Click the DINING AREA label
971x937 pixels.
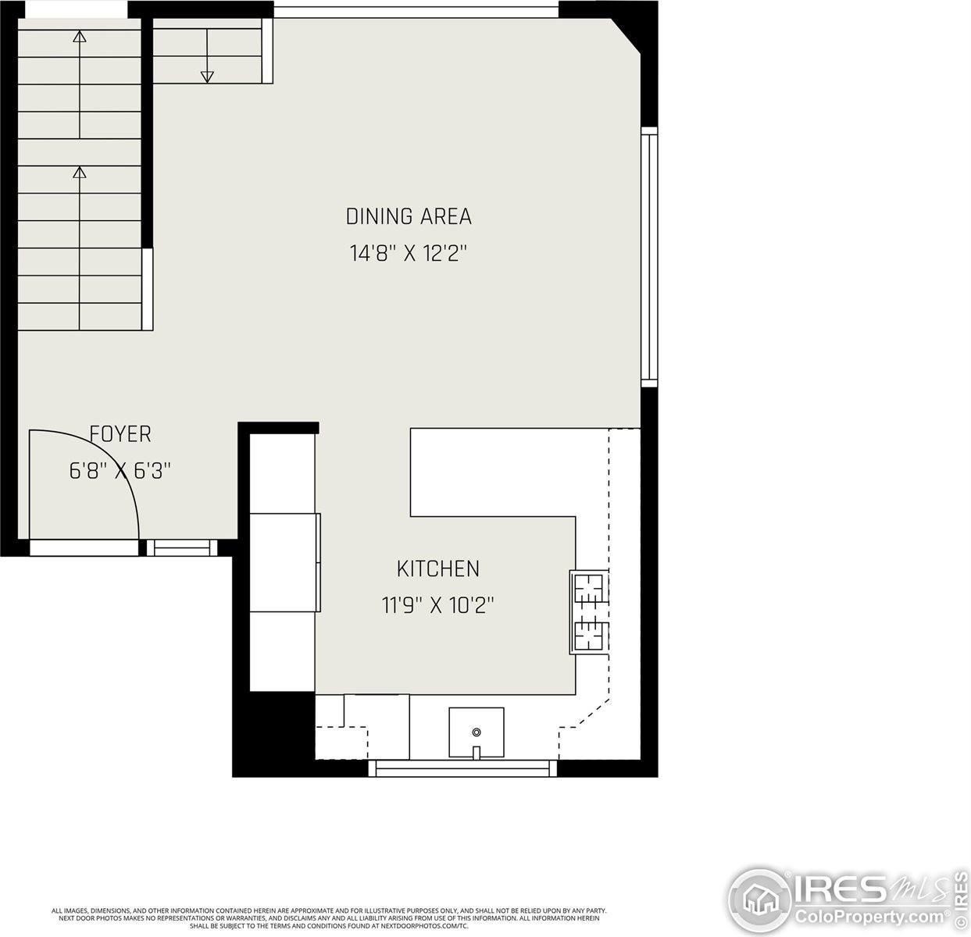point(409,216)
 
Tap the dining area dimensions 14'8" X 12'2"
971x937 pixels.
point(409,254)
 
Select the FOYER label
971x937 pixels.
point(120,434)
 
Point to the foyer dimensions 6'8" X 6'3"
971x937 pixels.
point(120,471)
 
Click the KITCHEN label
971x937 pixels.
point(437,568)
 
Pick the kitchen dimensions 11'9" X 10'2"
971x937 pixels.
point(437,605)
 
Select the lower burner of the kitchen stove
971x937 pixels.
point(590,634)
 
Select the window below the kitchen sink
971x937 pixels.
point(462,768)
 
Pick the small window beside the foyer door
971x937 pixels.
point(182,548)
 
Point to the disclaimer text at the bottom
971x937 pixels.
point(328,917)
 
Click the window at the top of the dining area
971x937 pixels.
point(416,10)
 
